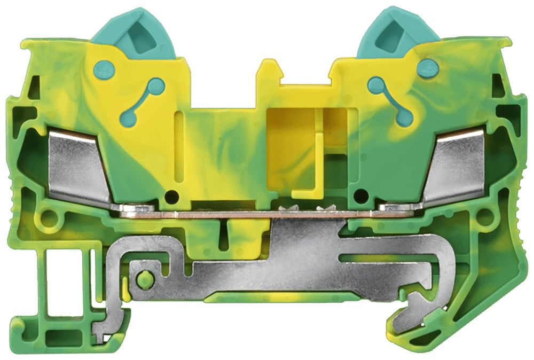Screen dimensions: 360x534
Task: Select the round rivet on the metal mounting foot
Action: [143, 278]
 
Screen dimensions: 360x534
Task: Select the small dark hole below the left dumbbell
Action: [171, 196]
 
